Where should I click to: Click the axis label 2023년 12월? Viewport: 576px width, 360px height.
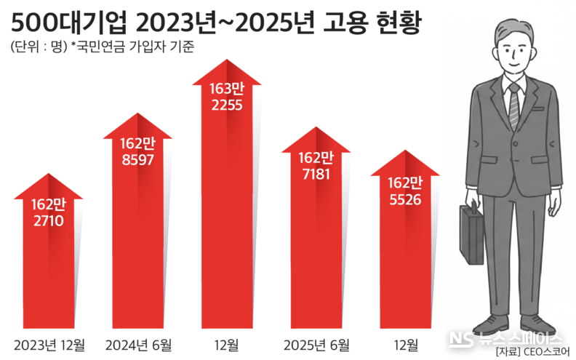pos(49,343)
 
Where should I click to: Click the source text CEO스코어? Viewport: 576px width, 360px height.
pos(546,353)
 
